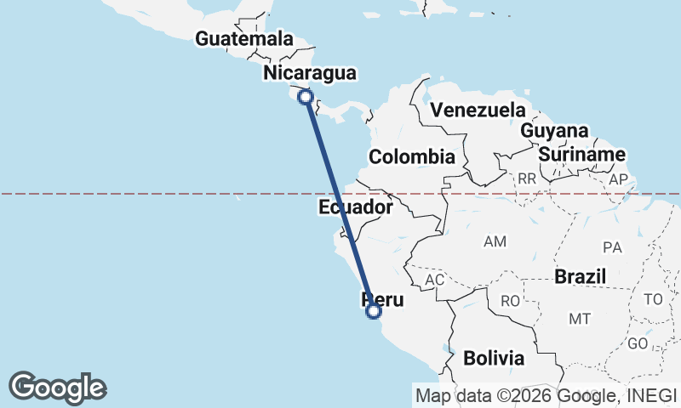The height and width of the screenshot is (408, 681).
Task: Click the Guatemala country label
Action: [243, 39]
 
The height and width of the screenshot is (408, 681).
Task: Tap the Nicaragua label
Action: [309, 73]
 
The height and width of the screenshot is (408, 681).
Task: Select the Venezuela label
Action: [478, 110]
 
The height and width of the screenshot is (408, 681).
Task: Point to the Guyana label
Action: [554, 131]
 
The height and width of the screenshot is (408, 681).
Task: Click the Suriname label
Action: [582, 155]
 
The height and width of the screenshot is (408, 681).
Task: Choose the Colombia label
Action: [411, 157]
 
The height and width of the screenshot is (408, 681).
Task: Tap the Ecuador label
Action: [356, 207]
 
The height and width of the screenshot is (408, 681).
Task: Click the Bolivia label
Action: [494, 358]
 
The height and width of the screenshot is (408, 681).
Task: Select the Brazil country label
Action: [580, 276]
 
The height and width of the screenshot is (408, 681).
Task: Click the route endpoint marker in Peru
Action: [373, 311]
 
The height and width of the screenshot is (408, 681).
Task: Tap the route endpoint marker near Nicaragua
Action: [306, 97]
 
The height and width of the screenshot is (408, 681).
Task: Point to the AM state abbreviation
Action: [495, 242]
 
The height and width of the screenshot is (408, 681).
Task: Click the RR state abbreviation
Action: [527, 179]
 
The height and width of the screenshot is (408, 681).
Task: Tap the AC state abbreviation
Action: [434, 280]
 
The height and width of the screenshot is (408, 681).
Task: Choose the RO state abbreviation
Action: [510, 301]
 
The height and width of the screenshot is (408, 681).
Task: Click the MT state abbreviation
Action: [580, 319]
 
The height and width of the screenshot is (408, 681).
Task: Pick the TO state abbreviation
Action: [653, 299]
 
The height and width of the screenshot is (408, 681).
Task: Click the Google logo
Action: [58, 387]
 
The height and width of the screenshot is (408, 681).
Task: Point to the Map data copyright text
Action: [545, 394]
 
